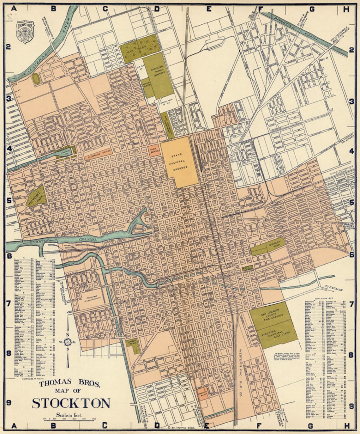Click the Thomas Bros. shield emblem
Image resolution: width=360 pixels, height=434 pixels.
[x=25, y=32]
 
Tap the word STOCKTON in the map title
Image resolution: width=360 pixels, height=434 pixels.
[x=71, y=403]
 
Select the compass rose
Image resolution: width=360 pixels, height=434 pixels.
[x=67, y=341]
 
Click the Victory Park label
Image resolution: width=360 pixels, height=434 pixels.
[x=36, y=198]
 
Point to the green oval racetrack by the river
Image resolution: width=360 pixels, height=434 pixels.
[x=36, y=79]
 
